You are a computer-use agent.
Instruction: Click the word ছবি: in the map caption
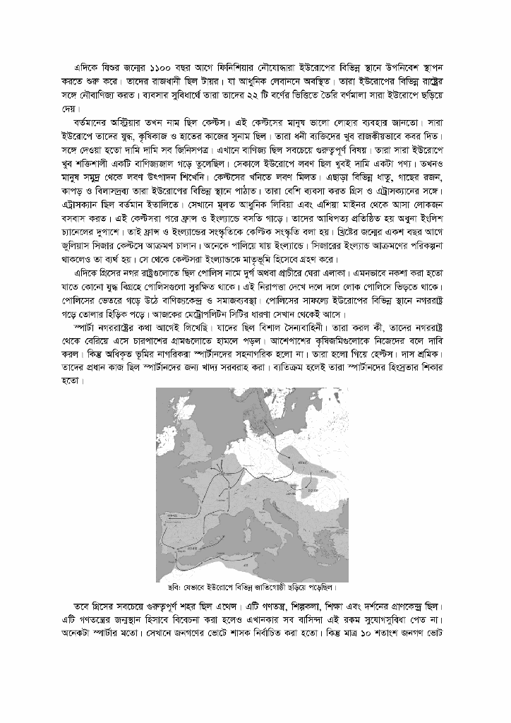[x=169, y=587]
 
